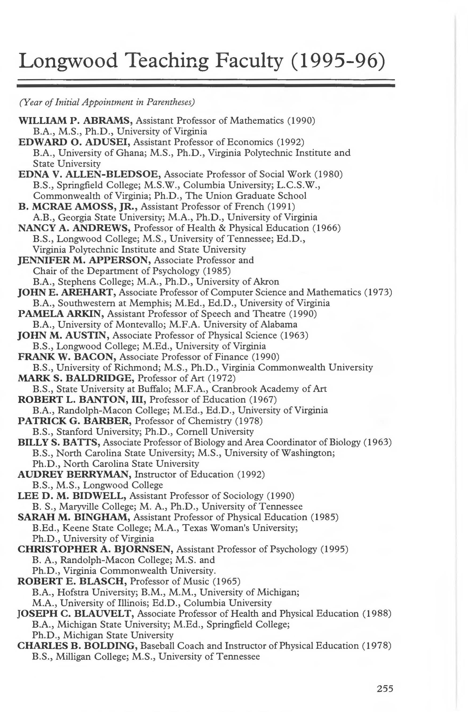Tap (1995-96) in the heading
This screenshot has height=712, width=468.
tap(338, 61)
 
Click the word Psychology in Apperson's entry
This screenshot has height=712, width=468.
tap(176, 271)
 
